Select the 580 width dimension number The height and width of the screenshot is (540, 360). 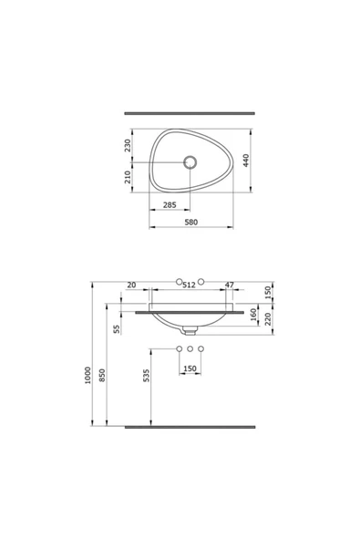click(x=190, y=222)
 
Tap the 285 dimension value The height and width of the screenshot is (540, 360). click(x=170, y=205)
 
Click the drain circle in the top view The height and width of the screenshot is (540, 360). click(x=190, y=162)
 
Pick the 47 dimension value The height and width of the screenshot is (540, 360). click(x=229, y=286)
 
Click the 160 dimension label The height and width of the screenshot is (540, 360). click(x=253, y=313)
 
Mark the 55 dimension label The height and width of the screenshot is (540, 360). click(x=118, y=329)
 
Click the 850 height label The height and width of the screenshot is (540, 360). click(x=103, y=374)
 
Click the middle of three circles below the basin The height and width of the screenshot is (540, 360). click(x=190, y=349)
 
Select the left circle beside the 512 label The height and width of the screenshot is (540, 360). click(x=180, y=278)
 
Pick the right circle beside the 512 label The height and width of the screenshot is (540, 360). click(x=202, y=278)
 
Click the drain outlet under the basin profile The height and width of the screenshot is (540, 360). click(x=190, y=330)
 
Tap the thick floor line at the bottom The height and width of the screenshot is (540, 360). click(x=190, y=426)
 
